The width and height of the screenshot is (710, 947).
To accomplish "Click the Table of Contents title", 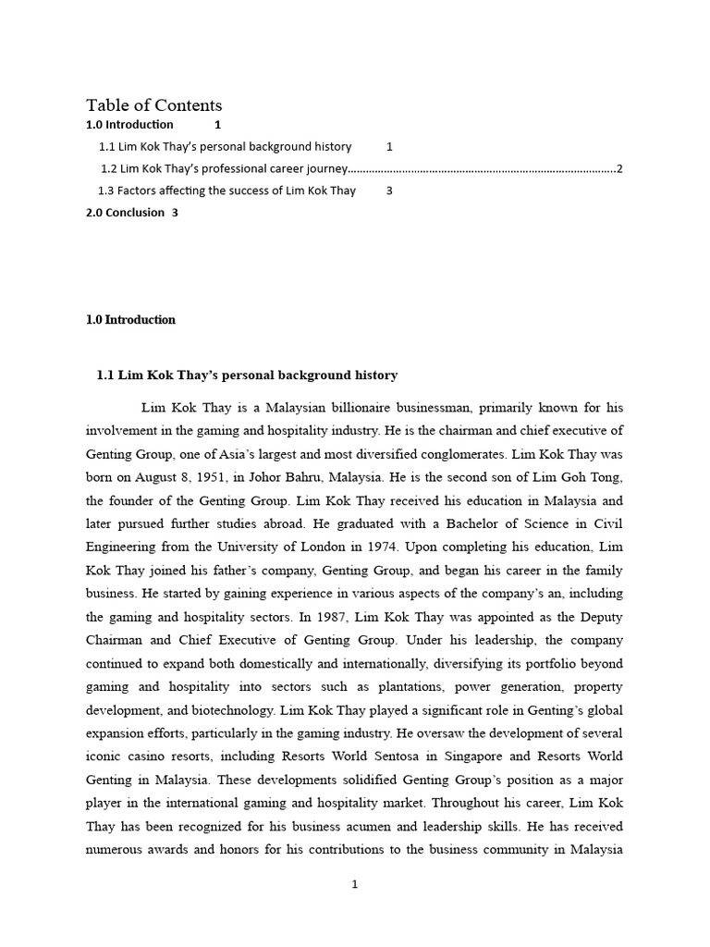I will (x=154, y=105).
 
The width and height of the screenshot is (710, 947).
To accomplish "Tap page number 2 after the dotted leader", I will (x=619, y=168).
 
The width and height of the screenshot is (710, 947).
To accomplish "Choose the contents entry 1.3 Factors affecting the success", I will (x=226, y=191).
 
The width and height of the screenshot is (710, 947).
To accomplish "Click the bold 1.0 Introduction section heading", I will (x=130, y=320).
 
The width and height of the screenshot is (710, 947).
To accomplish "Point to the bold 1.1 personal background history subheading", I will (x=247, y=375).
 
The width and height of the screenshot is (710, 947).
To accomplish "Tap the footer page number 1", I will (x=354, y=884).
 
